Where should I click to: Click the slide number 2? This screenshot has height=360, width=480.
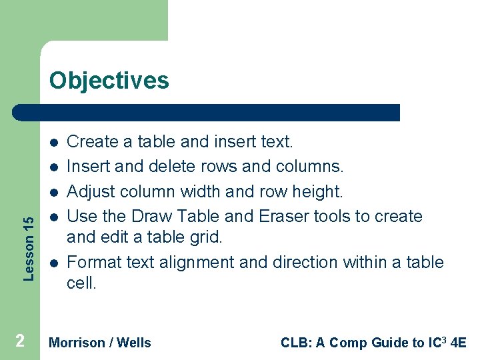pos(20,341)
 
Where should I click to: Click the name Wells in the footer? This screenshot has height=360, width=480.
pos(134,343)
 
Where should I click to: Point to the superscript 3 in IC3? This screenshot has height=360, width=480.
pos(445,339)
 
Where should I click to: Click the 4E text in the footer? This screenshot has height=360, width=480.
pos(458,343)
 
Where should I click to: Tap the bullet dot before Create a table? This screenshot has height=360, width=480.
pos(53,142)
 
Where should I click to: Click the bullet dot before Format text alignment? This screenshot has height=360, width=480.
pos(53,263)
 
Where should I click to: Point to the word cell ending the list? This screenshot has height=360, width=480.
pos(81,283)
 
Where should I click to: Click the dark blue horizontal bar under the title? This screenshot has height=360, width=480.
pos(207,113)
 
